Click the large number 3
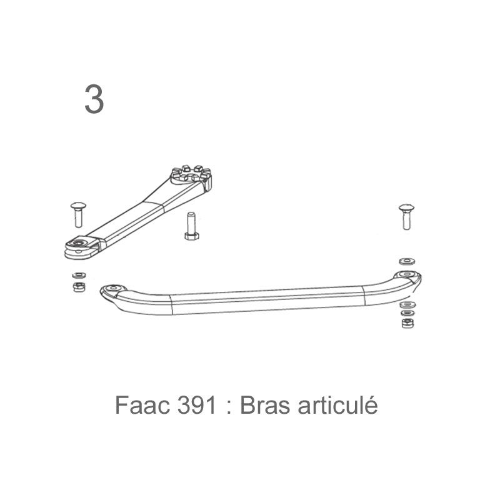[x=94, y=99]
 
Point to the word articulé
[x=337, y=404]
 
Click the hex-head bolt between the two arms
[x=191, y=226]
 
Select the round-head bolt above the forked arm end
[x=78, y=214]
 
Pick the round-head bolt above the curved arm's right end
[x=407, y=217]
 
